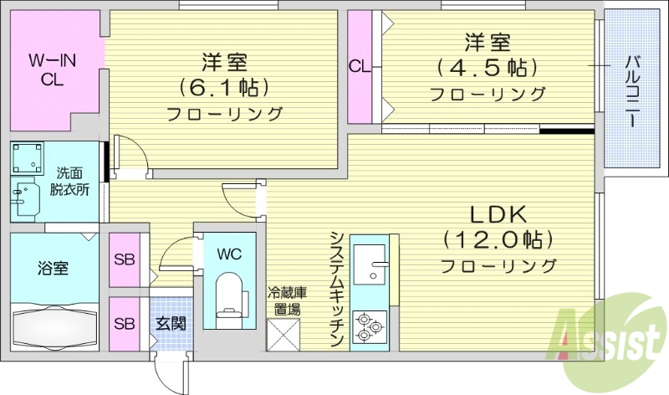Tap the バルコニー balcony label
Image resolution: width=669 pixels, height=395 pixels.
(632, 90)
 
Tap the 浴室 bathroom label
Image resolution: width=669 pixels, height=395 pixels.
(53, 269)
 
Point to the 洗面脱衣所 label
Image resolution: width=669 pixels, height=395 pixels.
(71, 182)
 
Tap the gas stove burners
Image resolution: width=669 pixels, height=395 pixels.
(368, 326)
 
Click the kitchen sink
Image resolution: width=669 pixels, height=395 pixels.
(370, 267)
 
